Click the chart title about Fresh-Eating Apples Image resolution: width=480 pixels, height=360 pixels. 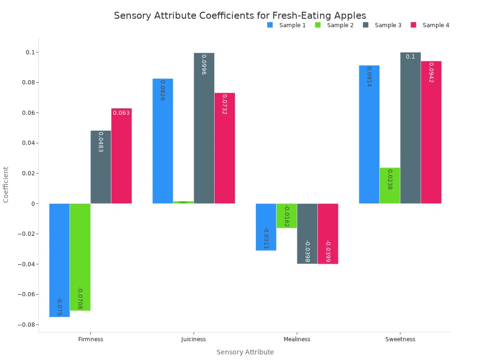pos(240,15)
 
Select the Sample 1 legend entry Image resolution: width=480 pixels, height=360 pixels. pos(286,25)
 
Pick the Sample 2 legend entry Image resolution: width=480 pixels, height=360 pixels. pos(334,25)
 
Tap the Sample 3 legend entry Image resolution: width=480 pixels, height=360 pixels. pos(382,25)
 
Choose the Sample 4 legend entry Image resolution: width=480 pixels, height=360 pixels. pos(430,25)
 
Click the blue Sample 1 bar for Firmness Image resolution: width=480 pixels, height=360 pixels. pos(60,260)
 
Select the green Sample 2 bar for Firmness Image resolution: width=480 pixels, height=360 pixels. pos(80,257)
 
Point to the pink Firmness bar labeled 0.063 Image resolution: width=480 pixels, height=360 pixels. pos(121,156)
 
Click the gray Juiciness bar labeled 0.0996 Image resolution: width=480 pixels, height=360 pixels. pos(204,128)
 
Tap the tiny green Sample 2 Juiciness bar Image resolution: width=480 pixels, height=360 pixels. pos(183,202)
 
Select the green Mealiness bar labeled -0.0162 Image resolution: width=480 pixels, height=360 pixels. pos(286,216)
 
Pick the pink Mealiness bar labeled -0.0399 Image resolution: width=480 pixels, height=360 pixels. pos(328,233)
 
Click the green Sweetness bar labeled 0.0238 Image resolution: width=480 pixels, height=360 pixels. pos(390,186)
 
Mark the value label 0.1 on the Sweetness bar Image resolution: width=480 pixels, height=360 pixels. pos(410,57)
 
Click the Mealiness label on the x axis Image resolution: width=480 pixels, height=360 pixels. pos(297,339)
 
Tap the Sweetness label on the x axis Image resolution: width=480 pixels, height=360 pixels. pos(400,339)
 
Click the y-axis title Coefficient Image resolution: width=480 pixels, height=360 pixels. pos(6,185)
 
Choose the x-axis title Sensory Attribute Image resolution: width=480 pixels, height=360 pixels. pos(245,352)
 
